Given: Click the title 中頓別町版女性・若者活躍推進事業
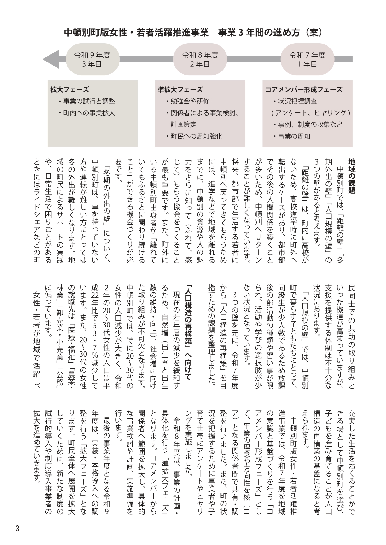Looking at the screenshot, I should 136,33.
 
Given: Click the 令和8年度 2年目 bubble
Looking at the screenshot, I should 200,59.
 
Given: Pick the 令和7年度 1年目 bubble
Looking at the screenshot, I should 307,59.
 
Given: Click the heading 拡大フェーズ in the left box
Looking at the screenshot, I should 70,90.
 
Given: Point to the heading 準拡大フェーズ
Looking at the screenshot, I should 180,90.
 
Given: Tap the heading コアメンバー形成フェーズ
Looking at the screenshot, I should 304,90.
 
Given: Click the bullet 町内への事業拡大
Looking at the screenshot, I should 86,113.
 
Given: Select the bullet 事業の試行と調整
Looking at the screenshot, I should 86,101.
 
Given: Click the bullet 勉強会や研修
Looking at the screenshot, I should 188,101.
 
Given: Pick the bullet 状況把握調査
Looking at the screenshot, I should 295,101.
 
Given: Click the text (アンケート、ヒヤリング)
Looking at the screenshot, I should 310,113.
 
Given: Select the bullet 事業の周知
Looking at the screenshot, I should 292,136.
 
